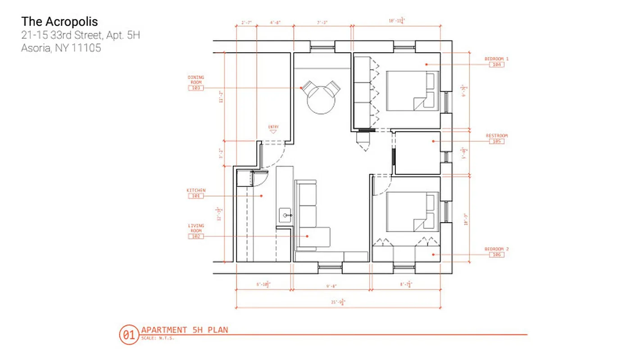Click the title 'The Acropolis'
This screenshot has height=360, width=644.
59,21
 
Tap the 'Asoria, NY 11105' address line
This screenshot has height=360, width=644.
61,48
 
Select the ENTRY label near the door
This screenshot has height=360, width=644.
273,127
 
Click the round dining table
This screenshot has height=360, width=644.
321,100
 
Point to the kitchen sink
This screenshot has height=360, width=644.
286,216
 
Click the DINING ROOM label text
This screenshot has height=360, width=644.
195,79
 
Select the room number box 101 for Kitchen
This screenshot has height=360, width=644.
195,196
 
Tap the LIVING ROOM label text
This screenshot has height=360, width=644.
195,228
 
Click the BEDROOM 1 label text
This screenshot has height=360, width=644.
496,59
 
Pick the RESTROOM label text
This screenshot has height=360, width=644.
496,135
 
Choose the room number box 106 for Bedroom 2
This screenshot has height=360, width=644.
496,255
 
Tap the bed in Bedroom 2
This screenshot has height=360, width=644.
413,212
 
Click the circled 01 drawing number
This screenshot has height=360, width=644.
127,335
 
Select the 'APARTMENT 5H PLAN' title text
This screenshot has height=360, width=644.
184,330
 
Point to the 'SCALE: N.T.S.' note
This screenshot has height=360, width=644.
157,338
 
